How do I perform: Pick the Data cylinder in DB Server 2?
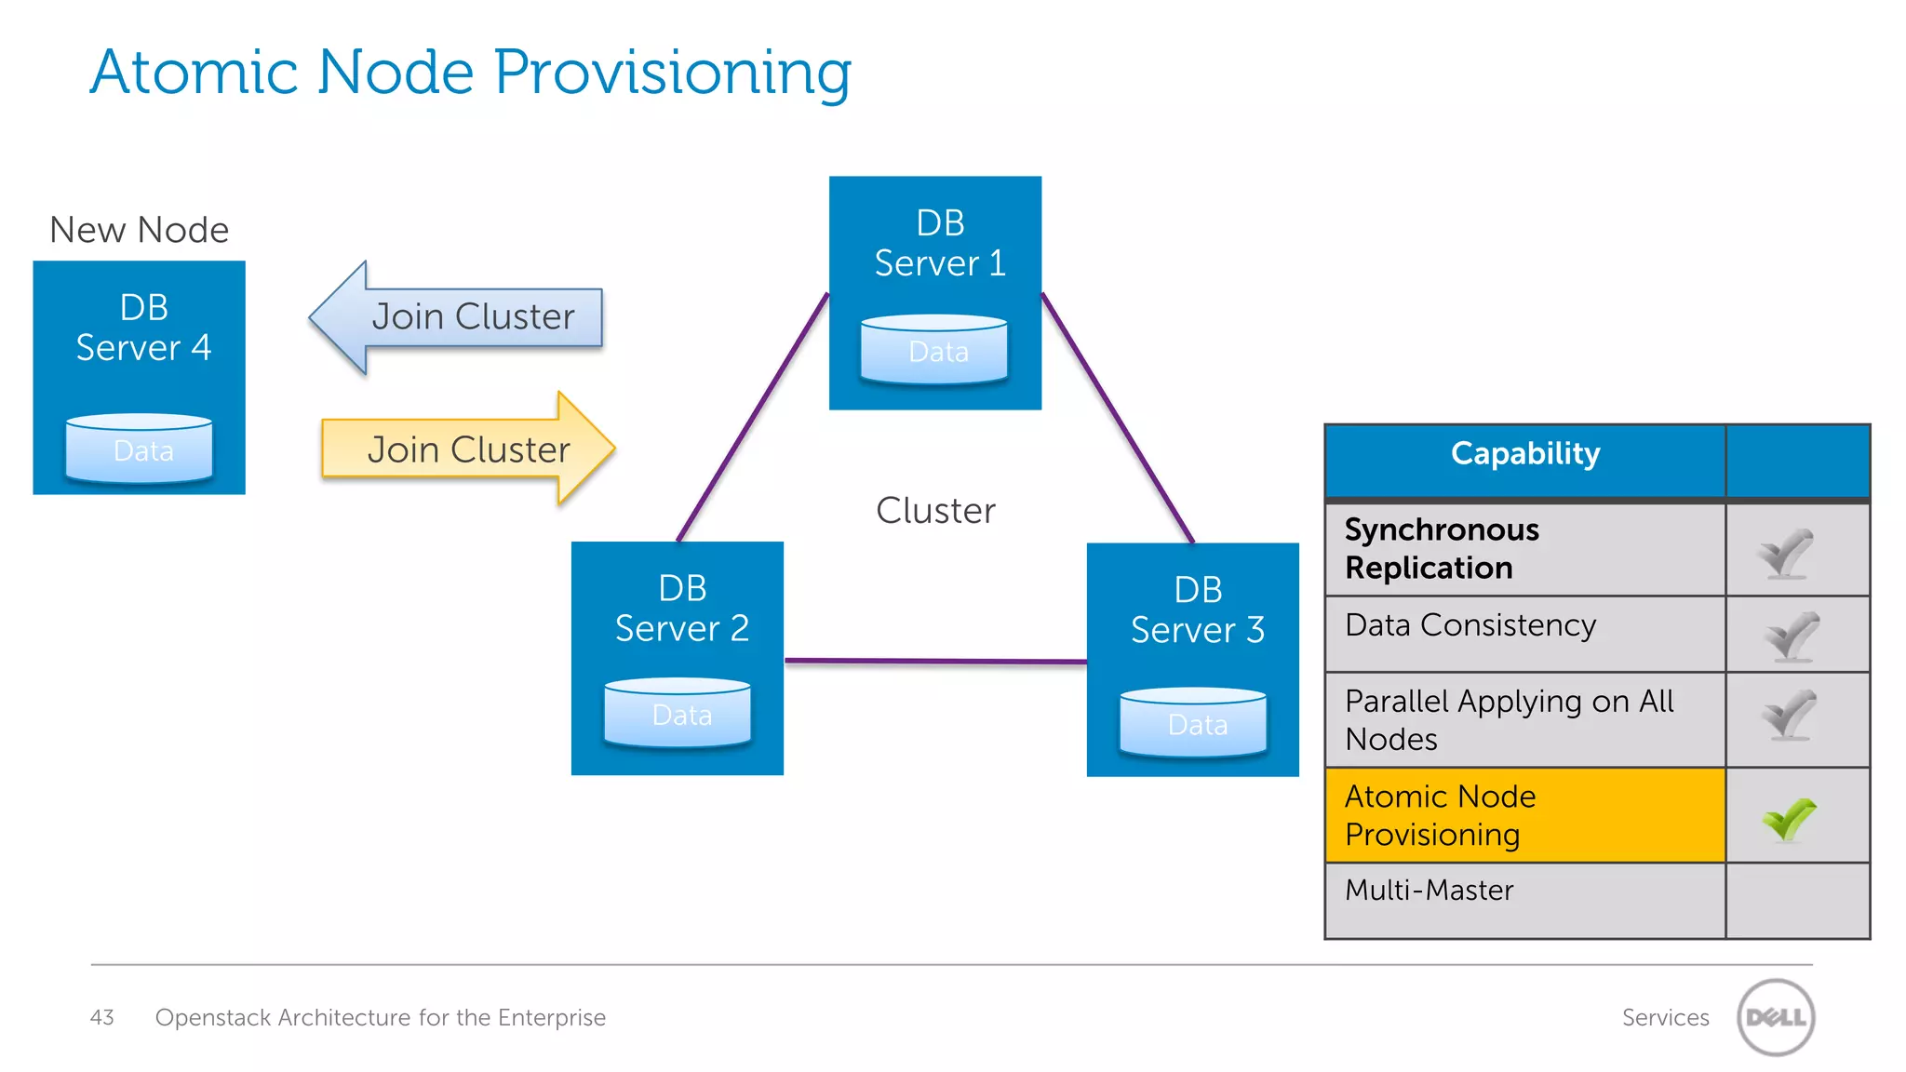(678, 714)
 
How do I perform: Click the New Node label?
(139, 230)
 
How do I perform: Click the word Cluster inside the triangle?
(935, 511)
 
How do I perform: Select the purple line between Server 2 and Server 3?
(935, 662)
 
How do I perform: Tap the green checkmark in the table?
(1789, 819)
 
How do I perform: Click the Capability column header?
(1524, 454)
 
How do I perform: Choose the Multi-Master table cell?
(1524, 900)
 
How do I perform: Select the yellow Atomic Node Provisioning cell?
(1524, 815)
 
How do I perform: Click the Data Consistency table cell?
(1524, 633)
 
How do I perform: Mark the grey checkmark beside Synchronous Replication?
(1785, 554)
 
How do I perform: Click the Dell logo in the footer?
(1776, 1017)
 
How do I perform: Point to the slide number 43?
(101, 1017)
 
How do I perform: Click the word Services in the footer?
(1665, 1017)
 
